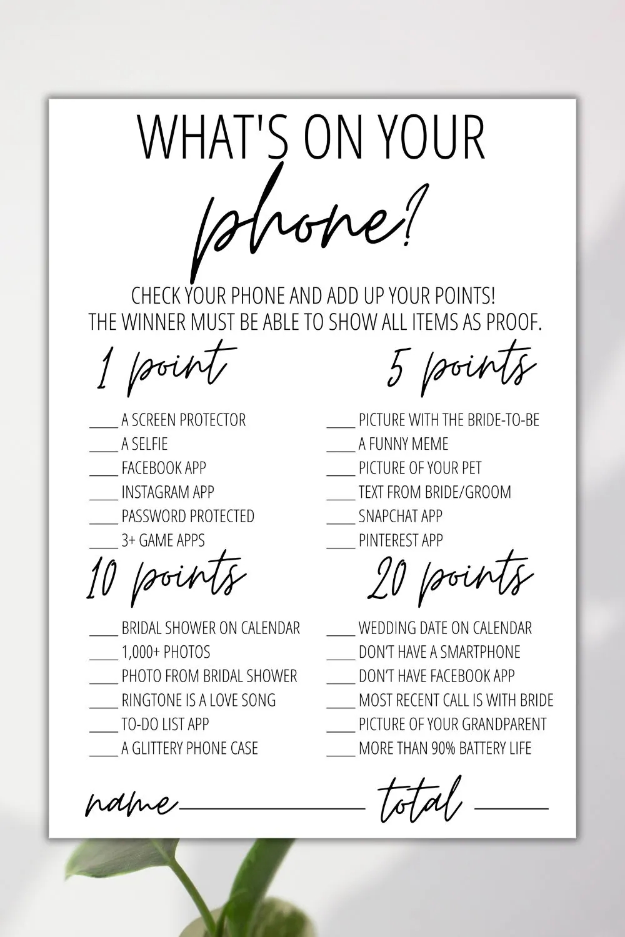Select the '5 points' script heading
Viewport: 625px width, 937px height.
coord(461,369)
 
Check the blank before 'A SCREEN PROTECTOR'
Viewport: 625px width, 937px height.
coord(103,425)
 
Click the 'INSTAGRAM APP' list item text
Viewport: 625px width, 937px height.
coord(167,492)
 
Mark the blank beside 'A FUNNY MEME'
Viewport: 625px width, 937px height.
coord(341,449)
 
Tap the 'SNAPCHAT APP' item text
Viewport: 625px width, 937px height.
coord(400,516)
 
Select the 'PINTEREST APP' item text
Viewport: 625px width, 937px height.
coord(401,540)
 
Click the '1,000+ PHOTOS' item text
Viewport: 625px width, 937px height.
coord(166,652)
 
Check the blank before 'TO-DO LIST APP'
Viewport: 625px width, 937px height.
coord(103,730)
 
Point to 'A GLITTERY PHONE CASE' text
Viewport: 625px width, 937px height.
coord(189,748)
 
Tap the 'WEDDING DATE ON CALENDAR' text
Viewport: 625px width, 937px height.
coord(445,628)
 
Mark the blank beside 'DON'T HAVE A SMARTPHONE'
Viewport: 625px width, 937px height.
coord(341,657)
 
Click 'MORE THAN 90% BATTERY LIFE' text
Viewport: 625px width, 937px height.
coord(445,748)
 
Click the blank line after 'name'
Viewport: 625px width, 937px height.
coord(272,808)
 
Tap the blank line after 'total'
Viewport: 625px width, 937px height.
coord(511,808)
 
